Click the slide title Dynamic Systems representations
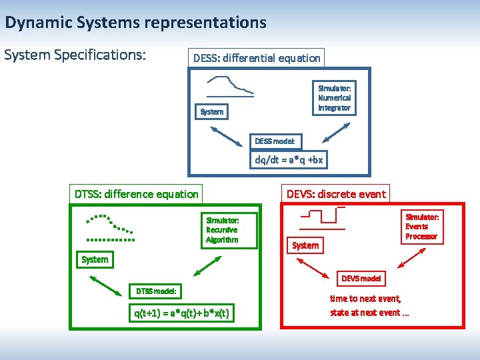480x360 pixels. pos(135,23)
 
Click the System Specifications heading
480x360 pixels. pos(75,55)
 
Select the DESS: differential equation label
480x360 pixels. pos(257,58)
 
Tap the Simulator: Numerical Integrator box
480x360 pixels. pos(334,97)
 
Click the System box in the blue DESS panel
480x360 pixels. pos(212,111)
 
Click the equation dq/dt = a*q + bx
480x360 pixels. pos(289,160)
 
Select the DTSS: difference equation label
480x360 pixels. pos(136,194)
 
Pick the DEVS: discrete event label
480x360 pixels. pos(335,194)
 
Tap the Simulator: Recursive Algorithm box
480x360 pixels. pos(222,229)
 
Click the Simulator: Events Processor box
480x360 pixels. pos(421,227)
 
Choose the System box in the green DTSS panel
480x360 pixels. pos(95,259)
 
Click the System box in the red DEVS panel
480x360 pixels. pos(305,245)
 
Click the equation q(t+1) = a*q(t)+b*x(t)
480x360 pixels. pos(182,313)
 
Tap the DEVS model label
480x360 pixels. pos(361,278)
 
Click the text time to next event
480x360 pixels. pos(365,299)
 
